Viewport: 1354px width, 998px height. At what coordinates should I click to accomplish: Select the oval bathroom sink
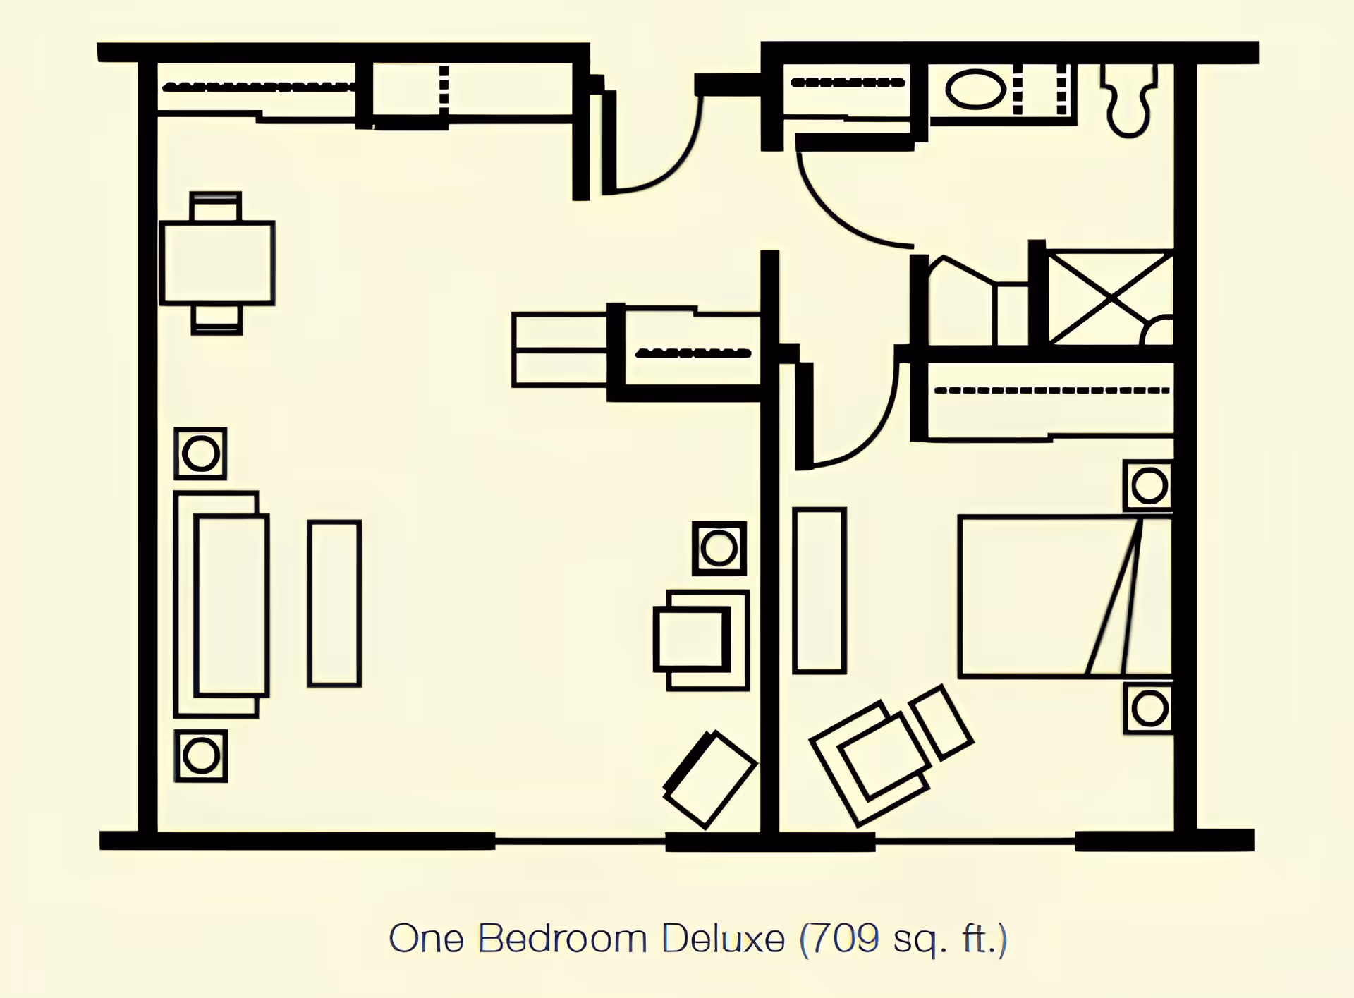[x=975, y=90]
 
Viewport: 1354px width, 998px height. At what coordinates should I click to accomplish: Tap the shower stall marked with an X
[x=1111, y=298]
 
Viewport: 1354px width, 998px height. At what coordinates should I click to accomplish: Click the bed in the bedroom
[x=1063, y=597]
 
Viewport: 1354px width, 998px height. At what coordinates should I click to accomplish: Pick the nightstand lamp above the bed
[x=1149, y=486]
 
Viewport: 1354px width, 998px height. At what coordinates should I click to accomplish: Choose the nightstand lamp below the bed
[x=1149, y=709]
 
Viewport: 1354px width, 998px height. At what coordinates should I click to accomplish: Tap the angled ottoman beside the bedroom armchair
[x=941, y=723]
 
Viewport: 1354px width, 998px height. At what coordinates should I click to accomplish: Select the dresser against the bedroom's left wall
[x=819, y=590]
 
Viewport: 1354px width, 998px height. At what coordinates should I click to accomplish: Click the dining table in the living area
[x=217, y=263]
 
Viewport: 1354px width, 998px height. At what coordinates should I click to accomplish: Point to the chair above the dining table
[x=216, y=207]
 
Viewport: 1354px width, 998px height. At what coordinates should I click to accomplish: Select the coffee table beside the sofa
[x=334, y=603]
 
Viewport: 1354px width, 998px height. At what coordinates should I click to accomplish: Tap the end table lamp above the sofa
[x=200, y=454]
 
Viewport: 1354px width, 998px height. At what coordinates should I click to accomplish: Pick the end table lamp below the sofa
[x=201, y=756]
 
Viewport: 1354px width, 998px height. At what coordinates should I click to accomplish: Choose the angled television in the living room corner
[x=710, y=779]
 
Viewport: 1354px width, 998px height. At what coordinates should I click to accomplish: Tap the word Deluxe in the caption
[x=723, y=939]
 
